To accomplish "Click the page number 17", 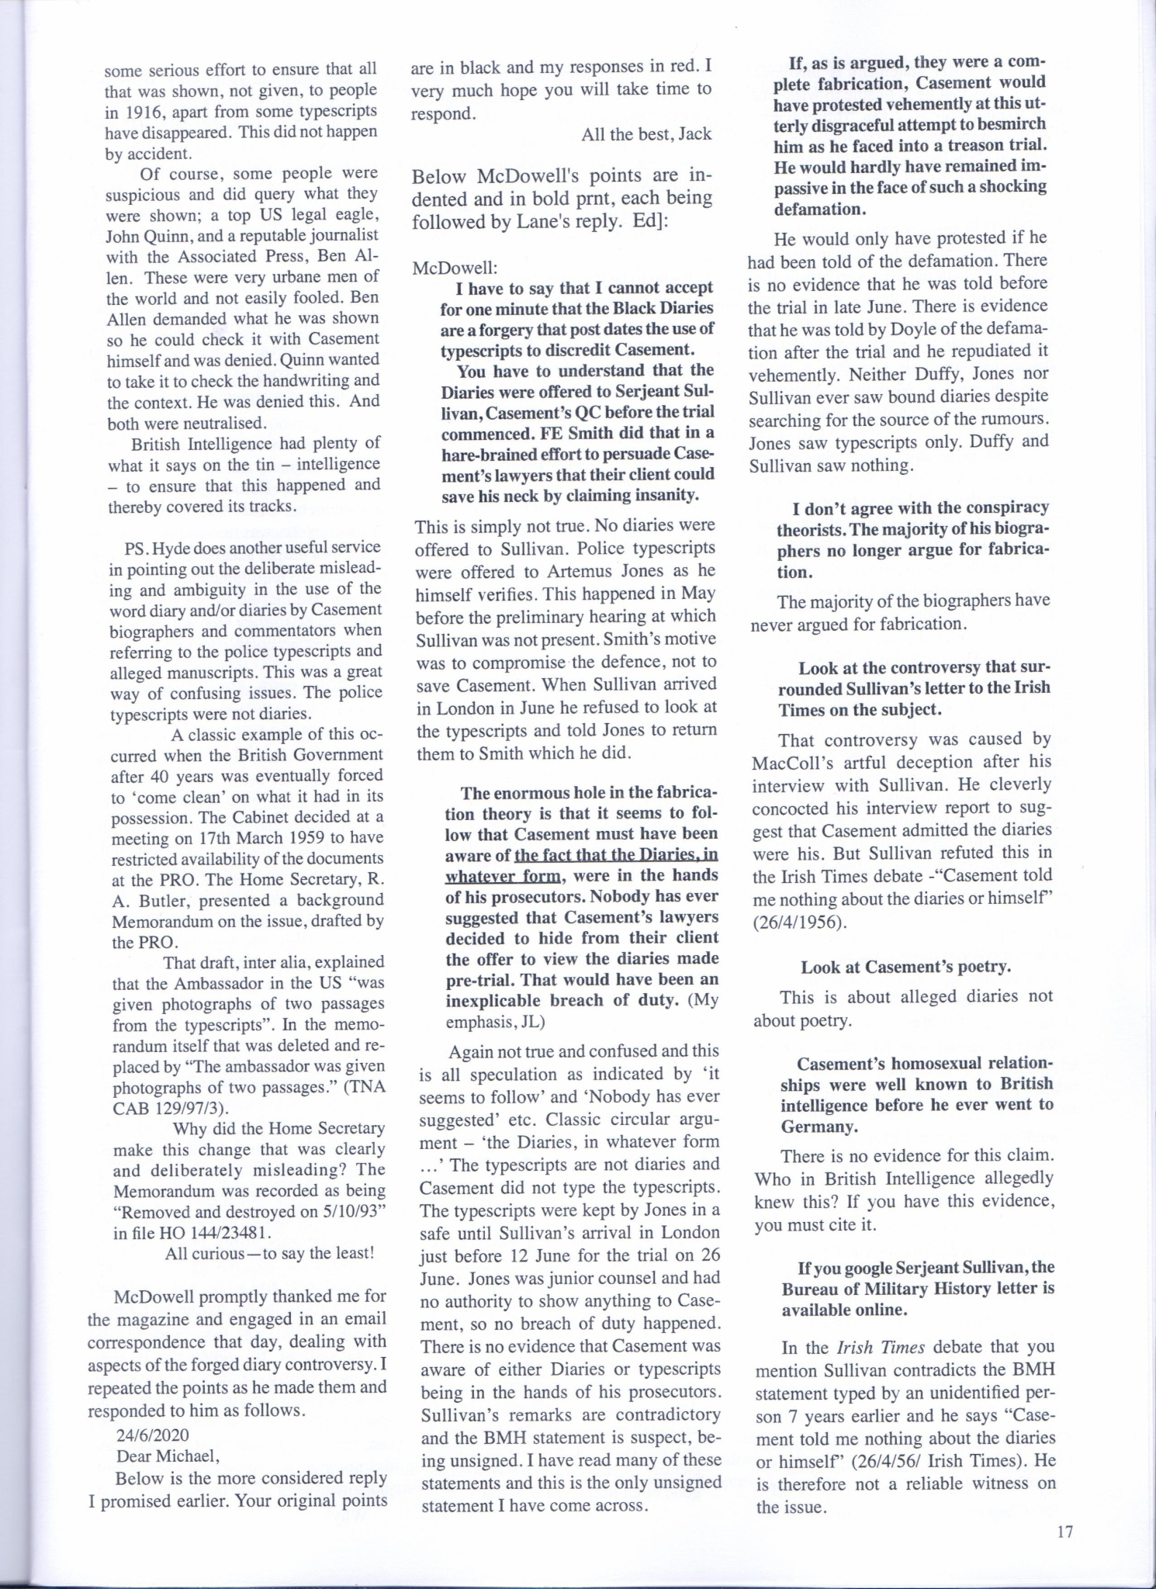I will (1064, 1532).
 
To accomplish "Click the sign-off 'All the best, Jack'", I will (646, 134).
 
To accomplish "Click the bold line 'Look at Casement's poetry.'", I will (905, 967).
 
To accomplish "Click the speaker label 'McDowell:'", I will (455, 268).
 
